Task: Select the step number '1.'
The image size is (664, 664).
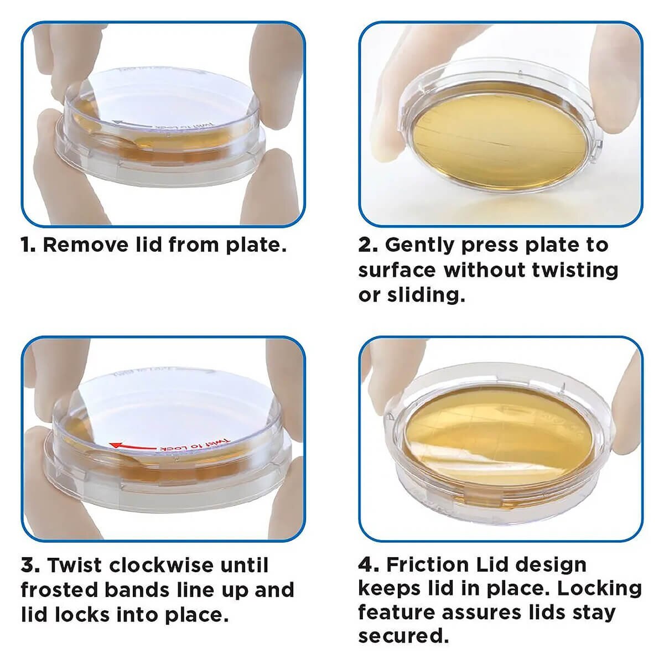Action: (x=28, y=245)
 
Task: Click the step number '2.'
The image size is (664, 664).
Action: (x=367, y=245)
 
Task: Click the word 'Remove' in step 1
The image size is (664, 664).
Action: (x=85, y=245)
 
